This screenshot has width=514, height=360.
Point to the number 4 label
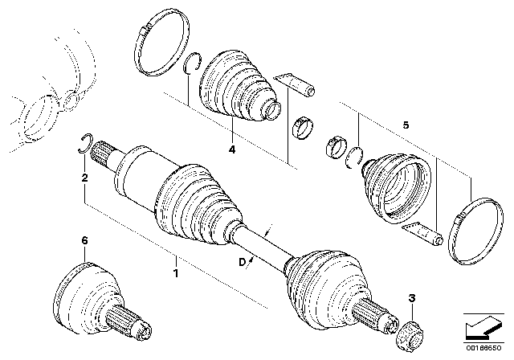click(x=231, y=150)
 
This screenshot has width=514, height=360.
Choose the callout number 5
click(x=406, y=125)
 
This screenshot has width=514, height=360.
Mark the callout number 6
click(x=84, y=240)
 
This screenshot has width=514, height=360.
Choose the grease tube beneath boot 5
click(x=423, y=235)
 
